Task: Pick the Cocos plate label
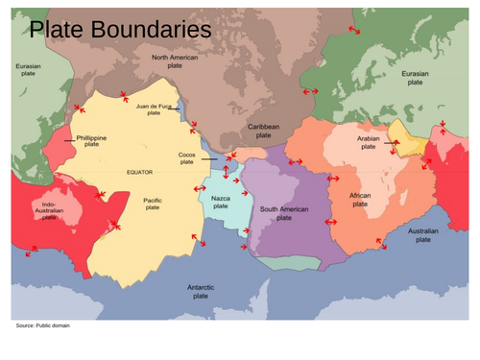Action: coord(187,158)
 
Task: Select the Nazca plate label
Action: coord(221,202)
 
